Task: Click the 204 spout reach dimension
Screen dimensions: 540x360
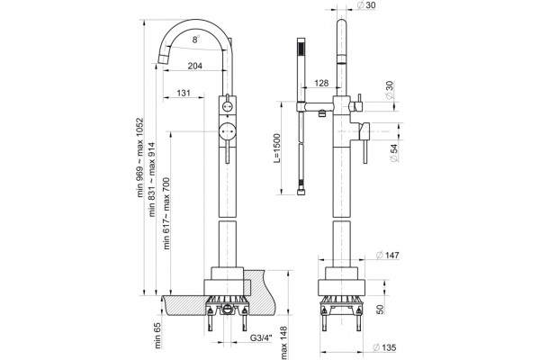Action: [x=195, y=66]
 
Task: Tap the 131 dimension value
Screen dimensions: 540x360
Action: [x=184, y=93]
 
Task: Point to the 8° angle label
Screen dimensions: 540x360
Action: [x=195, y=40]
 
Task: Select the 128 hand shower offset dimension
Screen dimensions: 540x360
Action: [x=321, y=83]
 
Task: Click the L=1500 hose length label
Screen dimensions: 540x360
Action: [x=277, y=148]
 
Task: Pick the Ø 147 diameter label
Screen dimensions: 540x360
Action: [x=387, y=255]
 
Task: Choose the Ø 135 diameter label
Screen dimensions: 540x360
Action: [x=384, y=347]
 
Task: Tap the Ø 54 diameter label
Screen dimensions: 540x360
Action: [x=395, y=153]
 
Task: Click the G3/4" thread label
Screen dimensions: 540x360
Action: [x=261, y=337]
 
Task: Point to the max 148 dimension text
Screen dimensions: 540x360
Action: [x=284, y=343]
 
